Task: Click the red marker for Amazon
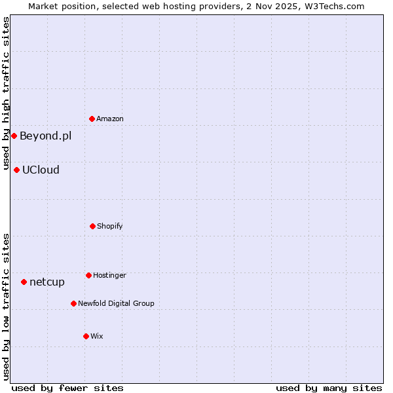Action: click(92, 119)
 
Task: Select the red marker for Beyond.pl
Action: click(14, 136)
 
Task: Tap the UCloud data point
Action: click(16, 170)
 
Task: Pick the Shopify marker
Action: click(92, 226)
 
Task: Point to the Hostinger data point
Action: click(88, 275)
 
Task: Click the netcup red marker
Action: click(24, 282)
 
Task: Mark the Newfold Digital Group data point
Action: click(73, 303)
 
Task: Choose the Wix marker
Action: click(86, 336)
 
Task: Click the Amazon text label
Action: click(110, 119)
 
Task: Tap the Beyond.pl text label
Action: click(45, 136)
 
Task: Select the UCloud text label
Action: click(41, 170)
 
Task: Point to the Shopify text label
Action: click(110, 227)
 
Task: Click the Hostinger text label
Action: click(109, 276)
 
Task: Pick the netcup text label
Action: click(47, 282)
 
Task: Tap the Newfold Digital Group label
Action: click(116, 304)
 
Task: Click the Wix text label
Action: click(97, 337)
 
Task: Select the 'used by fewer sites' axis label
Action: click(67, 388)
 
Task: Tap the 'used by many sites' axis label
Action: click(329, 388)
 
